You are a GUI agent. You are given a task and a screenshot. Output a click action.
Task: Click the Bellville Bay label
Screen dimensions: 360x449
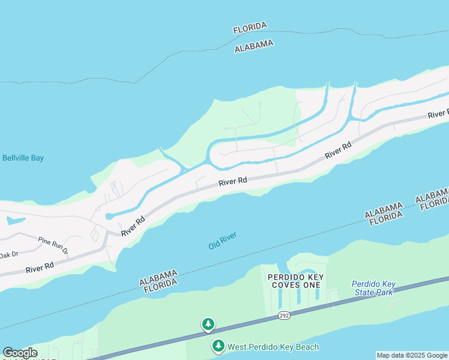pyautogui.click(x=23, y=158)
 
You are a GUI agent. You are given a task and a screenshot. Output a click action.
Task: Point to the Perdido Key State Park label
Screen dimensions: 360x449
pyautogui.click(x=372, y=288)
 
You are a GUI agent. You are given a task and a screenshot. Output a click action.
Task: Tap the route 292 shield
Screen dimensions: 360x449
pyautogui.click(x=285, y=316)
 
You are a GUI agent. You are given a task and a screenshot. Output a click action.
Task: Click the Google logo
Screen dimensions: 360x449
pyautogui.click(x=20, y=353)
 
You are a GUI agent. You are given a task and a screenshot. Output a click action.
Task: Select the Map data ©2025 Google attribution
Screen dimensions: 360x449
pyautogui.click(x=412, y=355)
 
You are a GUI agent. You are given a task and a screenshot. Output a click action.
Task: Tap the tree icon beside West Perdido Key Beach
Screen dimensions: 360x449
pyautogui.click(x=218, y=347)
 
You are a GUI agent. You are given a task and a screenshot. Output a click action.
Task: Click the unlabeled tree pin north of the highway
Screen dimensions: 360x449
pyautogui.click(x=208, y=325)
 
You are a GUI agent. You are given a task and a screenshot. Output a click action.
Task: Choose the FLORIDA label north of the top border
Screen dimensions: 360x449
pyautogui.click(x=250, y=28)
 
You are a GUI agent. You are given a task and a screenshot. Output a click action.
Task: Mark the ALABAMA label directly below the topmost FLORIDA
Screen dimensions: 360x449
pyautogui.click(x=254, y=46)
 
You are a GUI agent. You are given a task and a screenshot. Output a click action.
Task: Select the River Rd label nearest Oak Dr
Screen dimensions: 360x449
pyautogui.click(x=40, y=267)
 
